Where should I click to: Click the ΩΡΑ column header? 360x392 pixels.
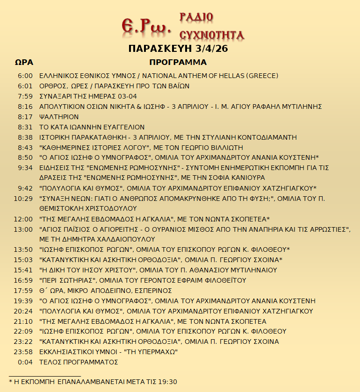coord(24,62)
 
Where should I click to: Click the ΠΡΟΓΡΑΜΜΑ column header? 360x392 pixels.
coord(178,62)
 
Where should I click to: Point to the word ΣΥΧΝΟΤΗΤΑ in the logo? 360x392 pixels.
coord(212,35)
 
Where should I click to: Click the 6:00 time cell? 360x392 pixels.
coord(25,76)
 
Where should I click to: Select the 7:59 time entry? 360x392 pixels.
coord(25,96)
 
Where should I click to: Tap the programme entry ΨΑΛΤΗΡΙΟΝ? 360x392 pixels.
coord(59,117)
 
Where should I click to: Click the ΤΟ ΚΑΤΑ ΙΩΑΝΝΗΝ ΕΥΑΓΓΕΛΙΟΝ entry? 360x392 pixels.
coord(92,127)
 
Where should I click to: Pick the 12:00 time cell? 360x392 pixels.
coord(23,219)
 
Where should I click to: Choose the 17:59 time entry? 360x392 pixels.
coord(23,291)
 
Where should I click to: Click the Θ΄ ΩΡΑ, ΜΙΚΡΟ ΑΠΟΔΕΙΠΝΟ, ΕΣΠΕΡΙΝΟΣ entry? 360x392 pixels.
coord(106,291)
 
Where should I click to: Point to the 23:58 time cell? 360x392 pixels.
coord(23,352)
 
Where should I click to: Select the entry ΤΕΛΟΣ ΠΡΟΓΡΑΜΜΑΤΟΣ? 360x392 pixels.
coord(79,362)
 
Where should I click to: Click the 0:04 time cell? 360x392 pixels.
coord(25,362)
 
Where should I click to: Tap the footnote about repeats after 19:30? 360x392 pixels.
coord(93,382)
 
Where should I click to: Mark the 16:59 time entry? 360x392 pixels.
coord(23,280)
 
